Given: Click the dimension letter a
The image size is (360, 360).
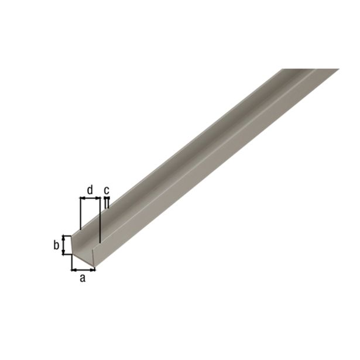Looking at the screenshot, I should tap(82, 279).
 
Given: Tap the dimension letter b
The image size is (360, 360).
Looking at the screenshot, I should tap(56, 245).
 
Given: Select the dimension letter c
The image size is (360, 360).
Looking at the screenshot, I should tap(107, 190).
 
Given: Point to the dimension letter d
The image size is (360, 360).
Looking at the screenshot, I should tap(90, 189).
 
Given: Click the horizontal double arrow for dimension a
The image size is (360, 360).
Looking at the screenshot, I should tap(83, 269).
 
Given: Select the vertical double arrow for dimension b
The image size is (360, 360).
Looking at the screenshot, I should tap(64, 245).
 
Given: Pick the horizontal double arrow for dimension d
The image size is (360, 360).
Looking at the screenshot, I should tap(90, 199).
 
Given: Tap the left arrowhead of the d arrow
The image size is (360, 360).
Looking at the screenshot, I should tap(81, 199).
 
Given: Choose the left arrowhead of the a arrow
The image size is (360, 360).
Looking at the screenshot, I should tap(74, 269).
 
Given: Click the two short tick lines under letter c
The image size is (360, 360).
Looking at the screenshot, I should tap(107, 203).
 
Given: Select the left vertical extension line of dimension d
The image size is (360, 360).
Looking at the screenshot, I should tap(79, 214).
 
